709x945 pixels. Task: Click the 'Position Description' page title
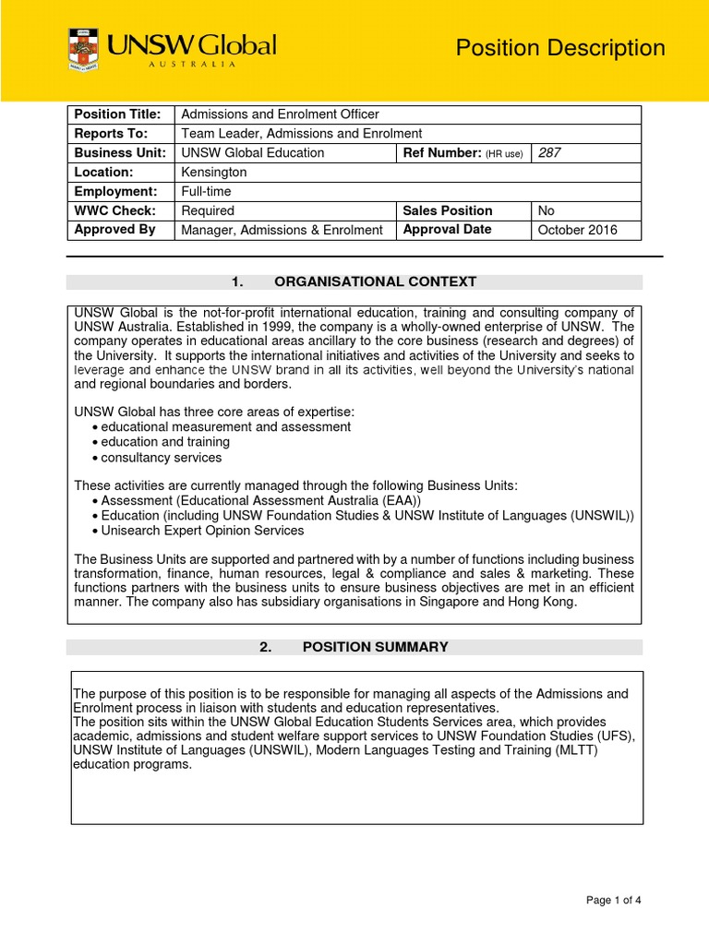coord(560,48)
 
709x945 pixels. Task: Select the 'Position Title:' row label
coord(117,114)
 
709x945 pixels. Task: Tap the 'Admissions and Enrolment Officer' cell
coord(280,114)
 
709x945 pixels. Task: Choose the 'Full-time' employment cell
coord(206,191)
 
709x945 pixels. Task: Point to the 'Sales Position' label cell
coord(448,210)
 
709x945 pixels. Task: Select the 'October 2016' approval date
coord(578,230)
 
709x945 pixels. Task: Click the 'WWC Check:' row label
coord(111,210)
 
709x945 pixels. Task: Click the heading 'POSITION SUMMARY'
coord(375,647)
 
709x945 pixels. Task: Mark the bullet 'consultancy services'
coord(161,457)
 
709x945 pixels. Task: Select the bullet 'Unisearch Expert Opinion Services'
coord(202,531)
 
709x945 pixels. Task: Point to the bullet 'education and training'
coord(165,442)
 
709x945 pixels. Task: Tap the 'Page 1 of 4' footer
coord(613,901)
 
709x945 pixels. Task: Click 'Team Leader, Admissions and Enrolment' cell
coord(301,134)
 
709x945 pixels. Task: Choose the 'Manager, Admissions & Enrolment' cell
coord(282,230)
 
